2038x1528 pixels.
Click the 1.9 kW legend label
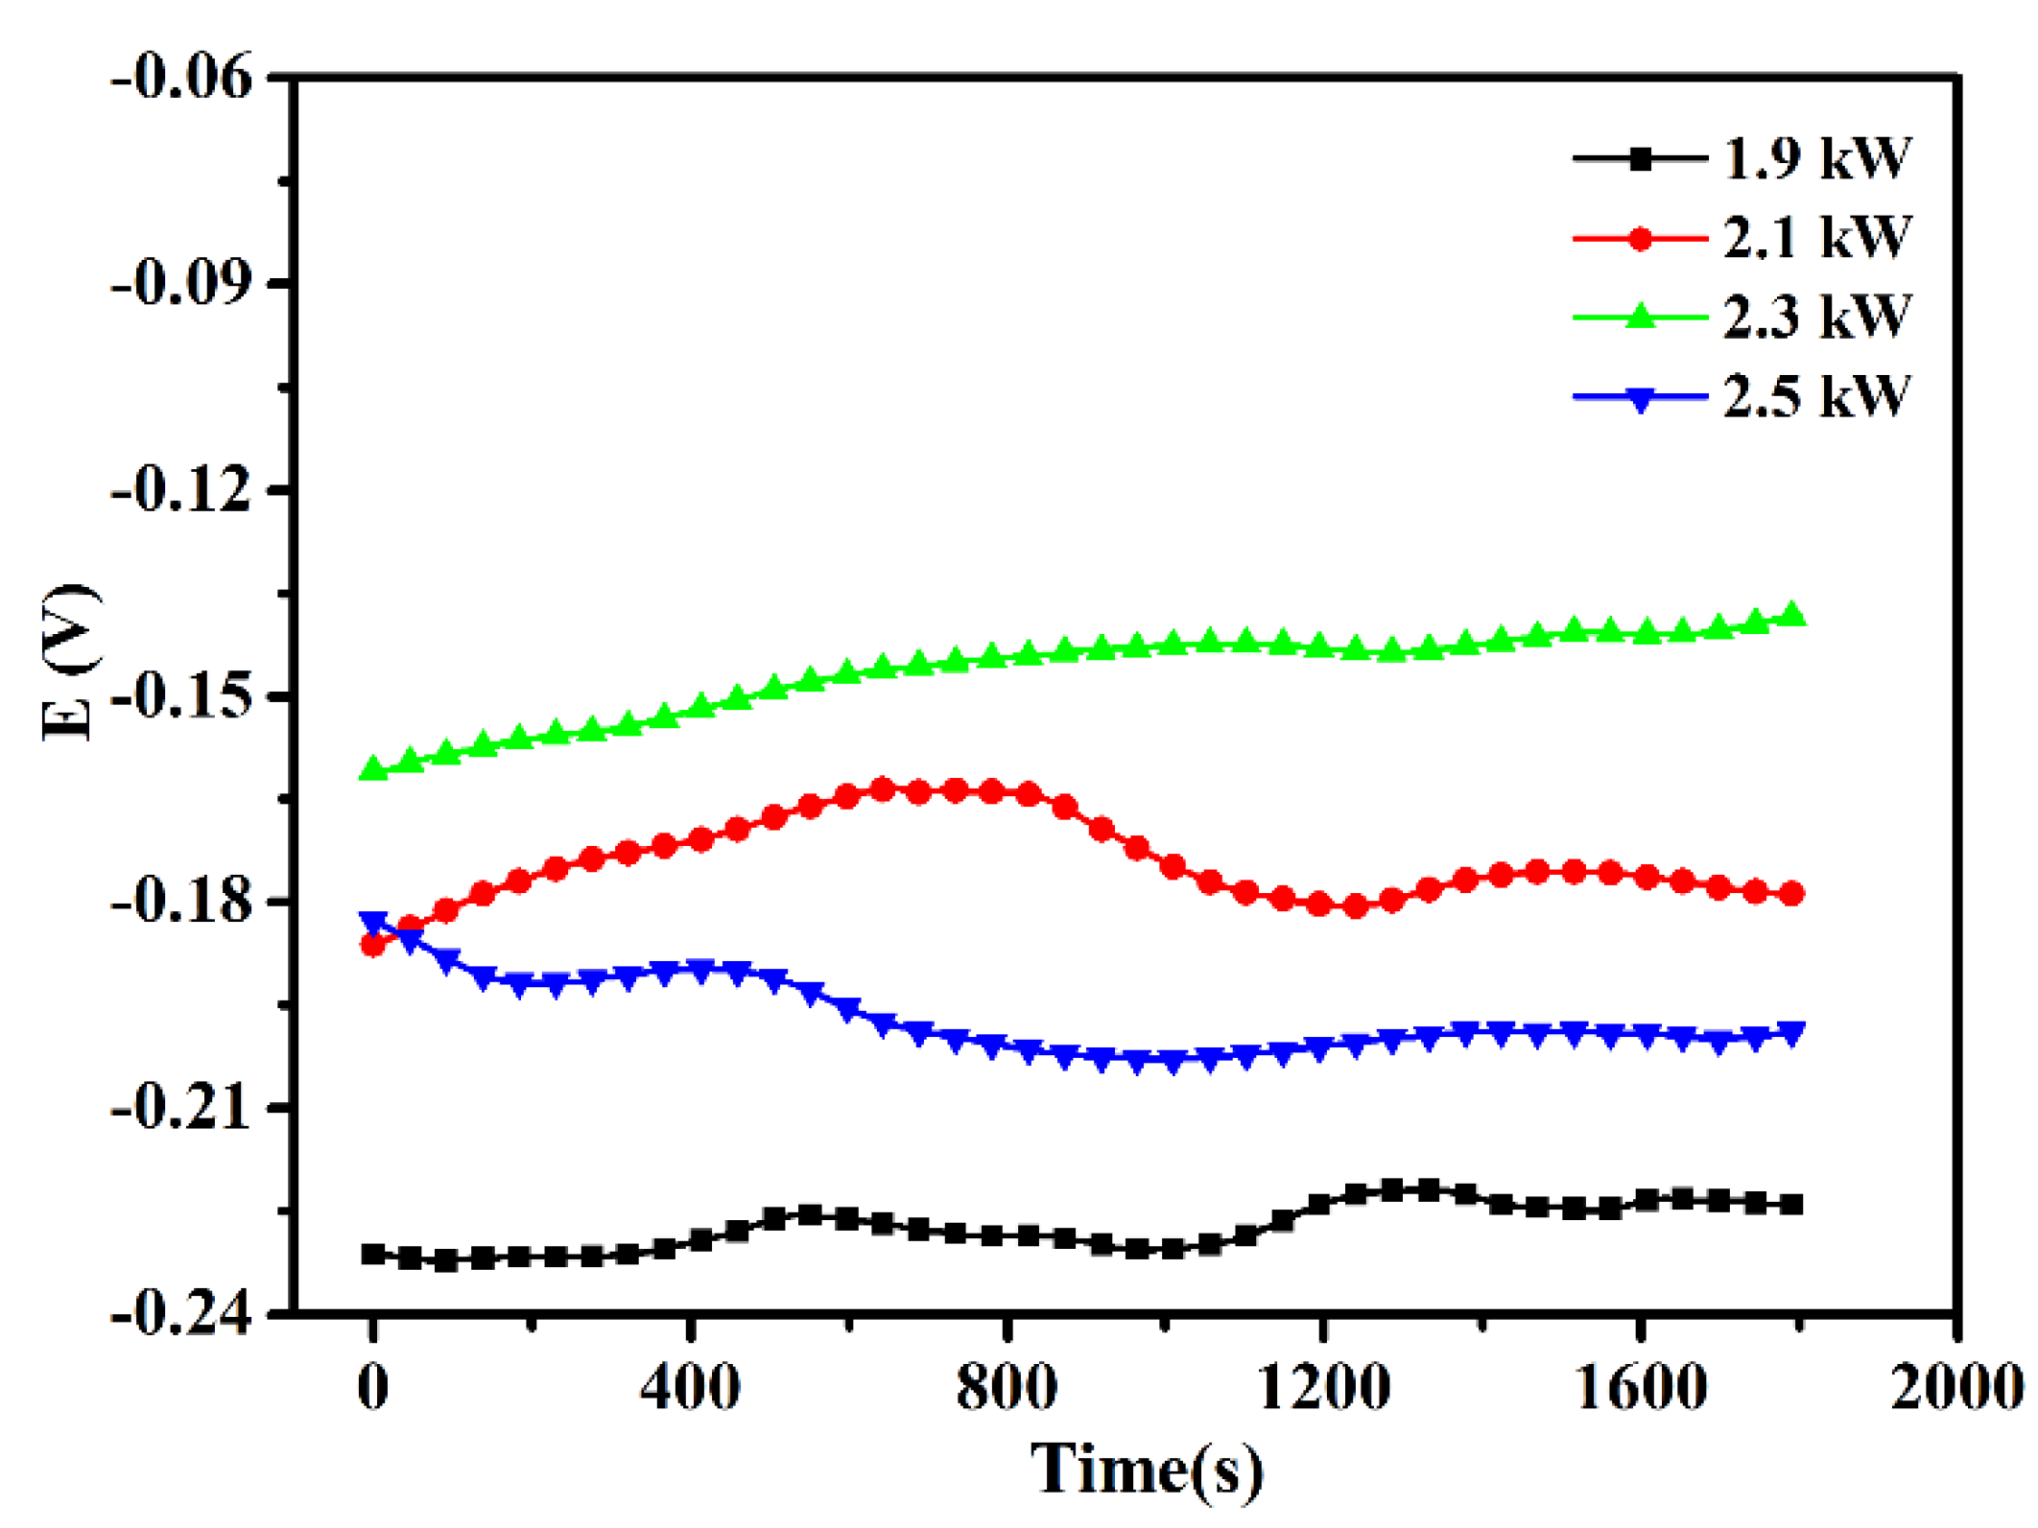point(1816,158)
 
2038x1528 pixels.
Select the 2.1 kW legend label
point(1816,238)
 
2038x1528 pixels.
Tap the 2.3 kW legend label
point(1816,317)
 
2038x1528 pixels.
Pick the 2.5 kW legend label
point(1816,396)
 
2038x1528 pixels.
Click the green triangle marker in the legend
point(1641,316)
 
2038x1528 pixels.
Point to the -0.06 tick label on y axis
point(182,77)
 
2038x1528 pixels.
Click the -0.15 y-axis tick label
point(182,695)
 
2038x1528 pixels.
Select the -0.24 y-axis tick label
point(182,1312)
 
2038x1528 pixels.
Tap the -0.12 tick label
point(182,490)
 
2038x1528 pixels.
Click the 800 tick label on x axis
point(1007,1388)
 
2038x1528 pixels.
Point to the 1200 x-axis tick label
point(1323,1388)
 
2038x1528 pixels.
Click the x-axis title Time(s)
point(1147,1469)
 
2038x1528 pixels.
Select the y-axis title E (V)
point(69,662)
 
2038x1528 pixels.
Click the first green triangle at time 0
point(373,769)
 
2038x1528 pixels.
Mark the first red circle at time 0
point(372,945)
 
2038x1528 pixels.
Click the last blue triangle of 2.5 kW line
point(1791,1033)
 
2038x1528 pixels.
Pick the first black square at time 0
point(373,1254)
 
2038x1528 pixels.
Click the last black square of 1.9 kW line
point(1791,1205)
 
